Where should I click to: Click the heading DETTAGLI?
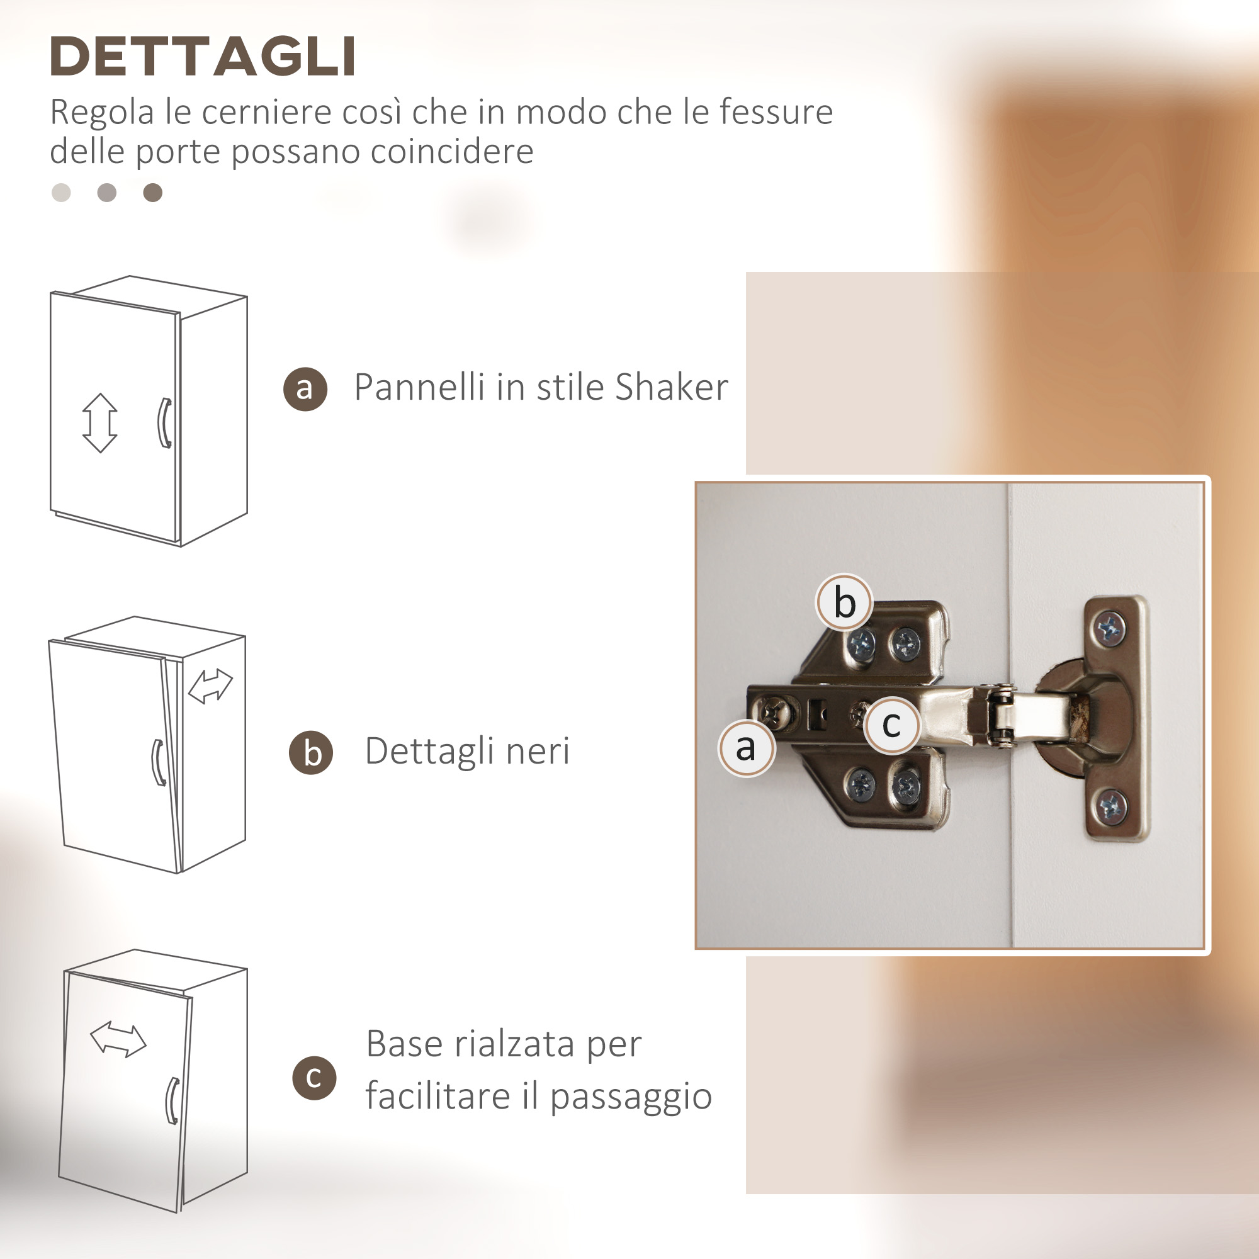(203, 56)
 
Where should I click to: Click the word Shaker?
(671, 387)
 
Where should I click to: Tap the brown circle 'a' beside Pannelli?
(305, 389)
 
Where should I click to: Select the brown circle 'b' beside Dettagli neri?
(311, 753)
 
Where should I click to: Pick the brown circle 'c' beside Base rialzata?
(314, 1078)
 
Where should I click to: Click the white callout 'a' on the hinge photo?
(747, 748)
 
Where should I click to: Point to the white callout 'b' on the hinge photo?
(845, 602)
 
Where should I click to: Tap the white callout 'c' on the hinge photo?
(892, 725)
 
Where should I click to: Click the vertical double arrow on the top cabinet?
(99, 423)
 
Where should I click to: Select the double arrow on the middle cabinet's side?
(210, 686)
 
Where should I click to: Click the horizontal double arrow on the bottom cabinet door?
(118, 1039)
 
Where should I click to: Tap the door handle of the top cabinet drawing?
(165, 423)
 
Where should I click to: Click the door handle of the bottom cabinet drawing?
(172, 1100)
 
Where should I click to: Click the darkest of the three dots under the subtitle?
(152, 193)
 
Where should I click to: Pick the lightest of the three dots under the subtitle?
(61, 193)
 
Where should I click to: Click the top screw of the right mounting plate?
(1109, 629)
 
